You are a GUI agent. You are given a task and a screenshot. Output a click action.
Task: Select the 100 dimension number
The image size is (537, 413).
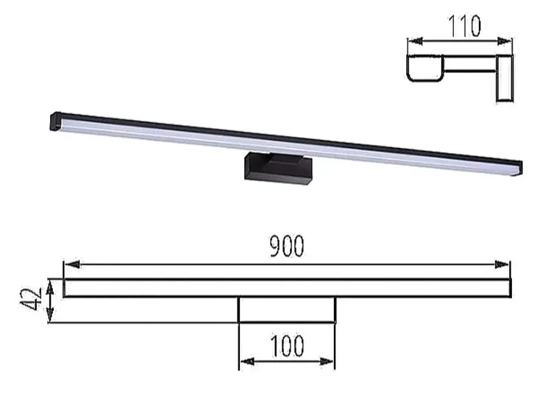tap(287, 346)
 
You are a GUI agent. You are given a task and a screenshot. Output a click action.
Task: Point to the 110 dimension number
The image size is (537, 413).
tap(464, 27)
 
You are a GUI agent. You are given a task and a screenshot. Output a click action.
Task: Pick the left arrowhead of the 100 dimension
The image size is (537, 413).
tap(244, 361)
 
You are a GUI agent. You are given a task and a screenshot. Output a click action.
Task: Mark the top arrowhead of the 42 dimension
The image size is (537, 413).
tap(50, 283)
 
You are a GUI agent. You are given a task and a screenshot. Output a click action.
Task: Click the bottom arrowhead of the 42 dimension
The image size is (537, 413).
tap(50, 317)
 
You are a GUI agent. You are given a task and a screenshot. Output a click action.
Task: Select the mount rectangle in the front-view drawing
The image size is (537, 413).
tap(287, 310)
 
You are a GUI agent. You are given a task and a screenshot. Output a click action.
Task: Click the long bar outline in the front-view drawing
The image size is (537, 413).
tap(286, 288)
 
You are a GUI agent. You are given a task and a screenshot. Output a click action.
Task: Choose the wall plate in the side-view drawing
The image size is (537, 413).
tap(505, 77)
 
